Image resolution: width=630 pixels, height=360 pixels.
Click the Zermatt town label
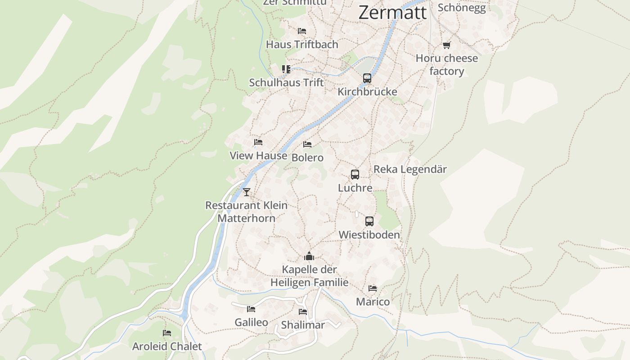pyautogui.click(x=392, y=12)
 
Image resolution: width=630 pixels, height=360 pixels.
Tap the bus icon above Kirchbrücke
pyautogui.click(x=367, y=78)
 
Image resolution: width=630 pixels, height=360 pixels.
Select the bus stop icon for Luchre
pyautogui.click(x=355, y=175)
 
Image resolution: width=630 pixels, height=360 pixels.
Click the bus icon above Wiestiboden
pyautogui.click(x=369, y=221)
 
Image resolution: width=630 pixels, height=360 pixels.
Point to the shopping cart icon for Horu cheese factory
pyautogui.click(x=446, y=45)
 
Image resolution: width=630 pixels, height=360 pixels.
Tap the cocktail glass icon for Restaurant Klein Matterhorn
pyautogui.click(x=246, y=192)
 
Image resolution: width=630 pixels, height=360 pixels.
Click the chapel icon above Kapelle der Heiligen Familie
pyautogui.click(x=309, y=256)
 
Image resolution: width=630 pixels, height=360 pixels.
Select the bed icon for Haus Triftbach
pyautogui.click(x=302, y=31)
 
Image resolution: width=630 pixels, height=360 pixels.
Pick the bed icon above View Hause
pyautogui.click(x=258, y=142)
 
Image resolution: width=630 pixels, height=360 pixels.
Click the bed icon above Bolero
pyautogui.click(x=307, y=144)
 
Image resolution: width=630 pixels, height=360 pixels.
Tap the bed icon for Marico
pyautogui.click(x=373, y=288)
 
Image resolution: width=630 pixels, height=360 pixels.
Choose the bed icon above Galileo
pyautogui.click(x=251, y=309)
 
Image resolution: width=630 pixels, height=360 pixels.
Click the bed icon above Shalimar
pyautogui.click(x=303, y=312)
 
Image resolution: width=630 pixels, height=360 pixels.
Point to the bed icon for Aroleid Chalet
pyautogui.click(x=167, y=333)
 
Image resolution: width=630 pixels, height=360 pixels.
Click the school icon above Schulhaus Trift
pyautogui.click(x=286, y=69)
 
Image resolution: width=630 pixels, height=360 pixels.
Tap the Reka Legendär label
pyautogui.click(x=410, y=170)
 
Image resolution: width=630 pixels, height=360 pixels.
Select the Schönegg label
pyautogui.click(x=462, y=8)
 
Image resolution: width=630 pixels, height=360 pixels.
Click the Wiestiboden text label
pyautogui.click(x=369, y=235)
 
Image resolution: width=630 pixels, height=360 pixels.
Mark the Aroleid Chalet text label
pyautogui.click(x=167, y=346)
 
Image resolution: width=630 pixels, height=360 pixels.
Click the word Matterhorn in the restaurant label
pyautogui.click(x=246, y=218)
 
